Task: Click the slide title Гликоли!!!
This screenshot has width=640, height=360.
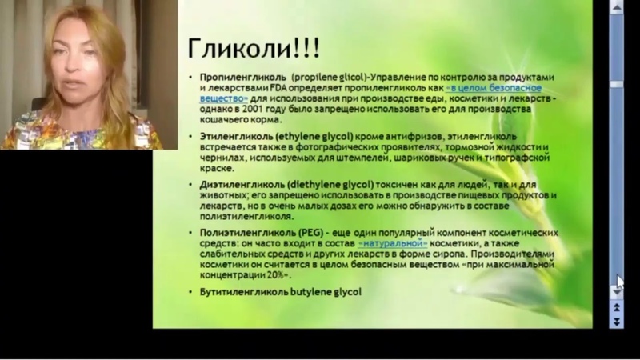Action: click(x=254, y=48)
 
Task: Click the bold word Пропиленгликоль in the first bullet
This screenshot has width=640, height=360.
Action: click(x=243, y=78)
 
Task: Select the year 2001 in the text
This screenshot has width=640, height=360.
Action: click(x=253, y=109)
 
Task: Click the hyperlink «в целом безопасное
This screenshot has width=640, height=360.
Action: click(x=494, y=88)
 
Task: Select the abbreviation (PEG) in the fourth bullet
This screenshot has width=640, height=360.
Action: click(x=311, y=233)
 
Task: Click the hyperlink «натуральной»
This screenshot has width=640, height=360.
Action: click(x=393, y=244)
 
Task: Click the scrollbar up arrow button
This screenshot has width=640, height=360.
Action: click(x=616, y=7)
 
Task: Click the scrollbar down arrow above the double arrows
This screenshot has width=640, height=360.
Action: click(x=616, y=292)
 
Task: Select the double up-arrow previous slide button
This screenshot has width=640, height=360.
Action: click(x=616, y=307)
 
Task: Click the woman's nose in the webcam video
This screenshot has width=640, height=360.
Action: click(x=72, y=66)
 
